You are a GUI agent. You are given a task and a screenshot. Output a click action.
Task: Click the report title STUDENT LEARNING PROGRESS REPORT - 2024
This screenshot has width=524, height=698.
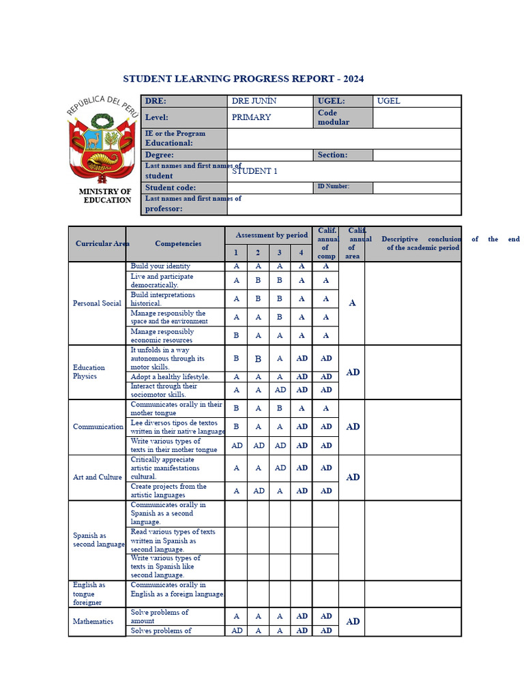pos(243,79)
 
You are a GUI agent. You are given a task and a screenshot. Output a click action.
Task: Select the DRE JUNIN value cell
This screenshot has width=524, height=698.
pos(254,101)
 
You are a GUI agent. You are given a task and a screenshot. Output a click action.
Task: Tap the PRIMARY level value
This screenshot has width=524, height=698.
pos(251,117)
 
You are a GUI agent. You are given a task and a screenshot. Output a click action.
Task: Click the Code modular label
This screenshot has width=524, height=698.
pos(334,117)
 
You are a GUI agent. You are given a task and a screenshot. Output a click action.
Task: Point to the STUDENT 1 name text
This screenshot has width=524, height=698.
pos(254,171)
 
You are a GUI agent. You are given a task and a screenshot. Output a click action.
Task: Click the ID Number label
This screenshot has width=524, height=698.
pos(334,186)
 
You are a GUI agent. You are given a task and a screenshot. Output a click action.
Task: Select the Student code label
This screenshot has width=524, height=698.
pos(171,187)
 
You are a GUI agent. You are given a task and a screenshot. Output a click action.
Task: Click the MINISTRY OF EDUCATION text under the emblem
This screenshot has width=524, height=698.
pos(105,196)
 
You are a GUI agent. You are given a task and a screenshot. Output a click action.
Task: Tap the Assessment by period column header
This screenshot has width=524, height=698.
pos(272,235)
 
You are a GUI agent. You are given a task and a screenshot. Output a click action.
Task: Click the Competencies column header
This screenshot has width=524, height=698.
pos(178,243)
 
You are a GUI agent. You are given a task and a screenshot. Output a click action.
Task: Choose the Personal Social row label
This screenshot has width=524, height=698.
pos(98,303)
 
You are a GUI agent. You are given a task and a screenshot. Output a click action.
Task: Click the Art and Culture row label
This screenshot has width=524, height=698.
pos(98,477)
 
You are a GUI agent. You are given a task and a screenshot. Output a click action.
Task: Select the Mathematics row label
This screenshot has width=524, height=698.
pos(93,621)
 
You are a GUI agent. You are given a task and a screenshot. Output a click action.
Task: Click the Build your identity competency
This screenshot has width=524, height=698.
pos(161,266)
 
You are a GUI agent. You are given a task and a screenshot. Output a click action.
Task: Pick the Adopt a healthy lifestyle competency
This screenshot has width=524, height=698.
pos(170,376)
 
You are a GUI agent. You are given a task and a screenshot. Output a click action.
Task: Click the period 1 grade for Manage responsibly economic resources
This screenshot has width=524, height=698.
pos(236,335)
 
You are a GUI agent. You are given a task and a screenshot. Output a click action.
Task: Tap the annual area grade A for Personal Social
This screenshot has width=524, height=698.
pos(352,303)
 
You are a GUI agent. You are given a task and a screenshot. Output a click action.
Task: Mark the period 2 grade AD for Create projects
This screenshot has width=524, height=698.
pos(259,491)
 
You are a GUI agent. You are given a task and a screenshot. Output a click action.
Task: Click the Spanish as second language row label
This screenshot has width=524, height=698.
pos(99,540)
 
